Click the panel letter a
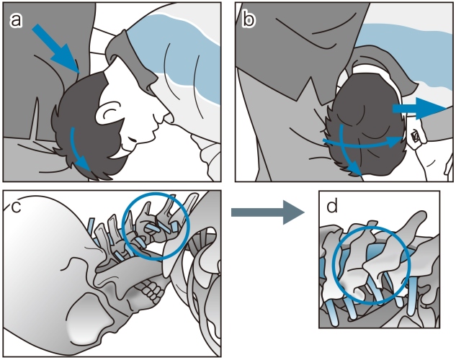[16, 20]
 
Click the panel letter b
[249, 19]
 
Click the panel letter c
[15, 207]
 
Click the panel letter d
[332, 206]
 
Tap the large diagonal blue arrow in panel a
[55, 48]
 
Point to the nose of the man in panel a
[166, 117]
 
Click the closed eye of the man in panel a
[130, 139]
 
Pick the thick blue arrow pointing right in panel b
[419, 109]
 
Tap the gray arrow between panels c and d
[267, 212]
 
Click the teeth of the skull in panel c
[151, 289]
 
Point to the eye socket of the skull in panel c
[88, 315]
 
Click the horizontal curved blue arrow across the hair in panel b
[363, 143]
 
